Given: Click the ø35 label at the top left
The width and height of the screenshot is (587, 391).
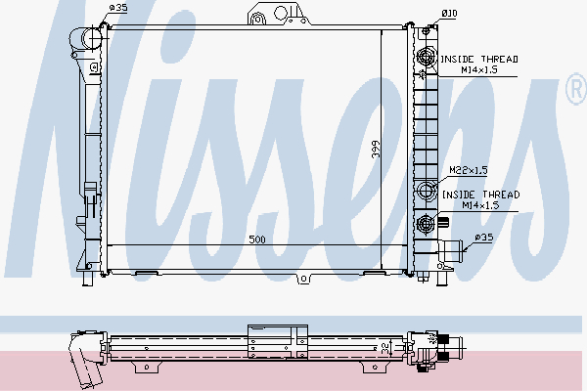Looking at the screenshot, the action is (x=118, y=8).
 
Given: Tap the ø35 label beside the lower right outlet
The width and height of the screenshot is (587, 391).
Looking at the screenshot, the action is (x=484, y=238).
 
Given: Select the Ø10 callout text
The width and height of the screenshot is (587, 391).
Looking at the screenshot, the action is (x=449, y=14).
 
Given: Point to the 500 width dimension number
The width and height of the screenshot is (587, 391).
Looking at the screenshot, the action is (x=257, y=239).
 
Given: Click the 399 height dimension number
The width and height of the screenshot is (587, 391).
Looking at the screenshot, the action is (x=376, y=149).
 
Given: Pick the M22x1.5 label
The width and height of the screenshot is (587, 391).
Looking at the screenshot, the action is (x=469, y=170).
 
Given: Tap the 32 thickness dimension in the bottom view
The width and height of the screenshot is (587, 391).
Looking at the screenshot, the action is (x=384, y=349).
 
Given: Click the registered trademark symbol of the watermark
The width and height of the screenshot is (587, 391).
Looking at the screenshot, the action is (x=577, y=89).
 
